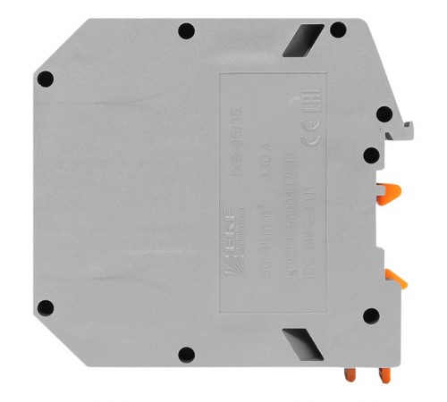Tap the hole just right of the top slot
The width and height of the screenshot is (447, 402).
pos(337,30)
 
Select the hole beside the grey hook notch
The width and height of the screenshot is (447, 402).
pos(384,114)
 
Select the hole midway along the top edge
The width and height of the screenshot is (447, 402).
pos(185,32)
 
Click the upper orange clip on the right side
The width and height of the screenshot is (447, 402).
pos(389,190)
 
